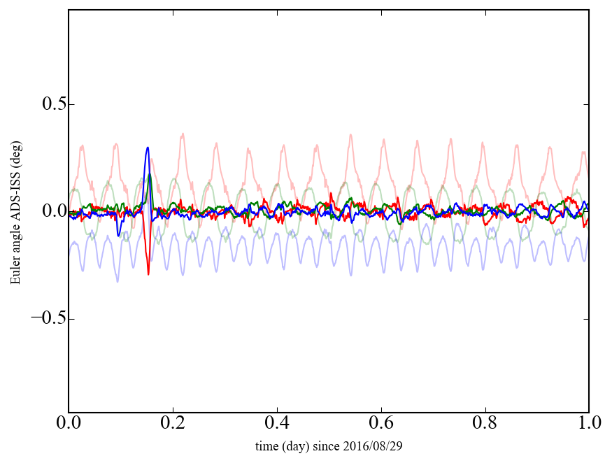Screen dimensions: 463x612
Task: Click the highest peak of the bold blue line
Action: point(148,148)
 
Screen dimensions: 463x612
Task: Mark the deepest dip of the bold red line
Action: point(148,274)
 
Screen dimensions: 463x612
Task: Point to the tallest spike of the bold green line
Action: point(150,175)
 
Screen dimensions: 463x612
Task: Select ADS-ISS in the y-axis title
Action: point(15,207)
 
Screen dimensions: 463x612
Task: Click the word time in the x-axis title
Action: point(266,446)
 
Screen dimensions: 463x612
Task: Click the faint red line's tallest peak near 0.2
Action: point(183,134)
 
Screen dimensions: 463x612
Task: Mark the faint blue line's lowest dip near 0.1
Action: point(118,281)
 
